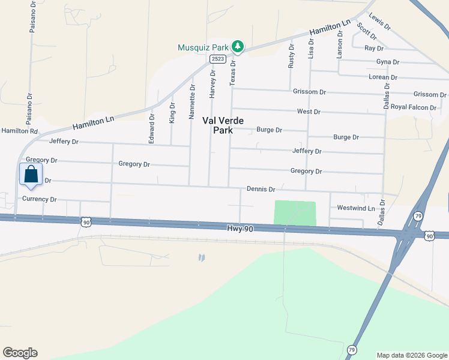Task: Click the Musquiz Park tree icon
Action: pos(238,46)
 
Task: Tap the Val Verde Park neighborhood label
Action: pos(217,125)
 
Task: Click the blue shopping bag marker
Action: pos(31,174)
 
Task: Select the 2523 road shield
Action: pos(217,59)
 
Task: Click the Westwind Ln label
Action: pos(356,208)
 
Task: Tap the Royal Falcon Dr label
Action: pos(414,107)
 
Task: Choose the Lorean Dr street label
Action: pos(384,77)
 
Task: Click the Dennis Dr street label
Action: pos(261,189)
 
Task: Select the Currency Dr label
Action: pos(39,199)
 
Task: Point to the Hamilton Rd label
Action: pos(19,130)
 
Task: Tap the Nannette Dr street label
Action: pos(192,101)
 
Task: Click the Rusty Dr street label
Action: pos(291,56)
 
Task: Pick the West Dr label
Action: pos(309,112)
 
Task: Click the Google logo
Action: pos(20,353)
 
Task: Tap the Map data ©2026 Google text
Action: pos(412,355)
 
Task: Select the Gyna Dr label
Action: pos(387,62)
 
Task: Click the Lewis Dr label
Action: pos(379,22)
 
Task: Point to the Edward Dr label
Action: pos(151,128)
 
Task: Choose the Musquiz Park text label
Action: pos(203,47)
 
